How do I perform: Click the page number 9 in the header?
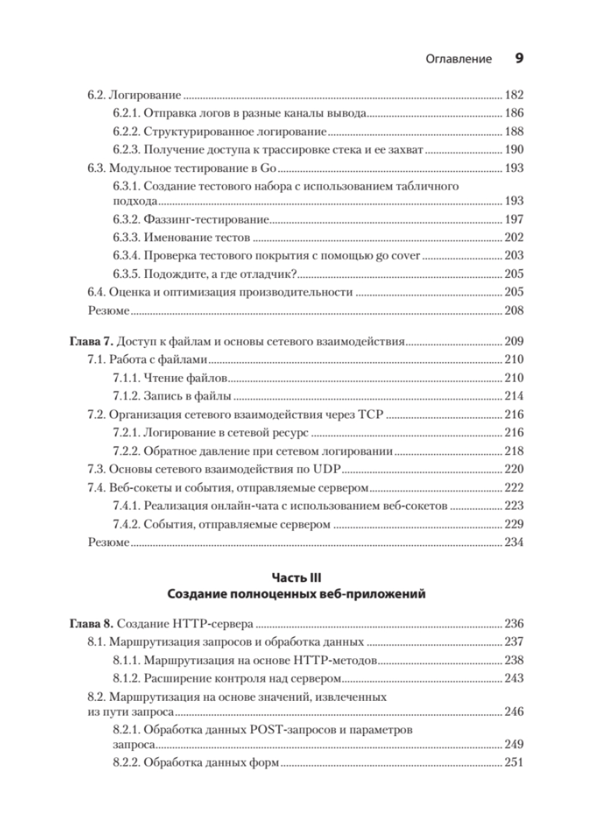(520, 59)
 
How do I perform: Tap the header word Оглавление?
(459, 60)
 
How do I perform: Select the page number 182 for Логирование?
(514, 96)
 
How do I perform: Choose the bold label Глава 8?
(91, 623)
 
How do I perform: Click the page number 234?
(514, 542)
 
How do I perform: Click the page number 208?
(514, 311)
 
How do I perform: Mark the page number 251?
(514, 763)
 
